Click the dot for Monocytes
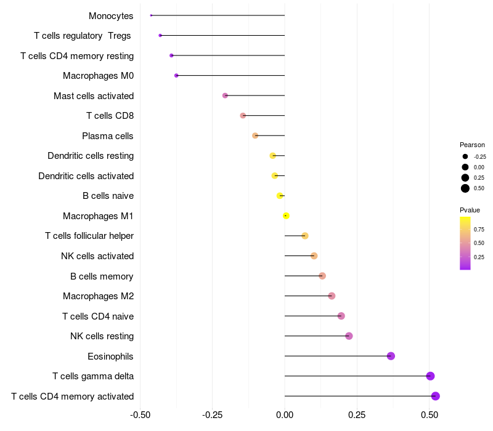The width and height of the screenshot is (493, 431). pyautogui.click(x=151, y=15)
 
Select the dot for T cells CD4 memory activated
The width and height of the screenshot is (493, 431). pyautogui.click(x=436, y=396)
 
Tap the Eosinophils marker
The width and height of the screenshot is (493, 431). pyautogui.click(x=391, y=356)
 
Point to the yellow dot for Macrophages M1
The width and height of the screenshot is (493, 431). pyautogui.click(x=286, y=216)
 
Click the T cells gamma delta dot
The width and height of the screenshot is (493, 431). pyautogui.click(x=430, y=376)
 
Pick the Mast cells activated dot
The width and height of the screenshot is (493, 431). pyautogui.click(x=225, y=95)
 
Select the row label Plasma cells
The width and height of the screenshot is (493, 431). pyautogui.click(x=108, y=135)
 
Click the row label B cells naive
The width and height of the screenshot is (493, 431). pyautogui.click(x=108, y=196)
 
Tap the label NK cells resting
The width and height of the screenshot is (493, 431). pyautogui.click(x=102, y=336)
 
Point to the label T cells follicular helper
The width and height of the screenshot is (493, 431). pyautogui.click(x=89, y=236)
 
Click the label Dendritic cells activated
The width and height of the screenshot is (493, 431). pyautogui.click(x=86, y=176)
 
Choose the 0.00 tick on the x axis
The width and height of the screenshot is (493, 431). pyautogui.click(x=285, y=415)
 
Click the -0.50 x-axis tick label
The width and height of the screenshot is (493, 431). pyautogui.click(x=141, y=415)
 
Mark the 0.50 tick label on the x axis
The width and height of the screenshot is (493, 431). pyautogui.click(x=429, y=415)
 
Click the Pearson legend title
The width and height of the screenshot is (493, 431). pyautogui.click(x=472, y=145)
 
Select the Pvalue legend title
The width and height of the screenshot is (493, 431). pyautogui.click(x=470, y=210)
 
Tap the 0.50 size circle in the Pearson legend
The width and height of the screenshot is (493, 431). pyautogui.click(x=465, y=188)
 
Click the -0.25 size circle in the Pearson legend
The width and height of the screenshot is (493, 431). pyautogui.click(x=465, y=156)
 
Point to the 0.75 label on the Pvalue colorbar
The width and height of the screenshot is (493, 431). pyautogui.click(x=479, y=229)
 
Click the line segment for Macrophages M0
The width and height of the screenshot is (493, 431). pyautogui.click(x=230, y=76)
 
